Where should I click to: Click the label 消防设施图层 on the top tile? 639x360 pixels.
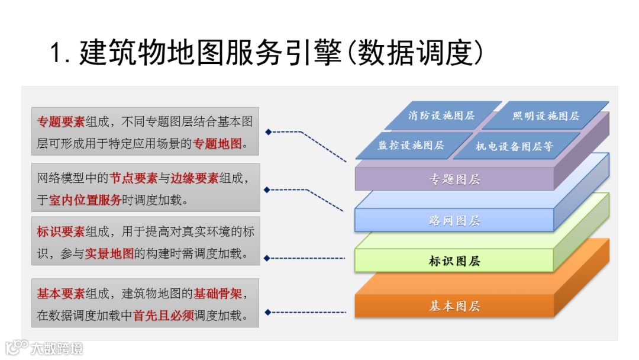coord(441,115)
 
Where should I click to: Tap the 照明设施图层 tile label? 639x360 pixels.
coord(546,116)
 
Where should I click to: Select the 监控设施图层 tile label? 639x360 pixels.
coord(411,144)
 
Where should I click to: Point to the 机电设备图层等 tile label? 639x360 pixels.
coord(514,146)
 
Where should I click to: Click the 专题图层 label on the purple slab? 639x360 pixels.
coord(454,179)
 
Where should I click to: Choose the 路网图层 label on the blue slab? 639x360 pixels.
coord(454,221)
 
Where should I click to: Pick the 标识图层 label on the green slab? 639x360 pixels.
coord(454,261)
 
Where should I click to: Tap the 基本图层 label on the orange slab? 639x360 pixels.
coord(454,306)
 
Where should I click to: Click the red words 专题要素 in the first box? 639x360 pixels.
coord(61,122)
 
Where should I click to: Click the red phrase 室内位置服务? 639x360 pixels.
coord(85,200)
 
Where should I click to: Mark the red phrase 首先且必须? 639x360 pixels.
coord(164,315)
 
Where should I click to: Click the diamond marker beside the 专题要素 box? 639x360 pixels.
coord(267,131)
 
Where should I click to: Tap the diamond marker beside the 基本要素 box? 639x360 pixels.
coord(267,312)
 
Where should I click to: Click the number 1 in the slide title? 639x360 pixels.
coord(57,53)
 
